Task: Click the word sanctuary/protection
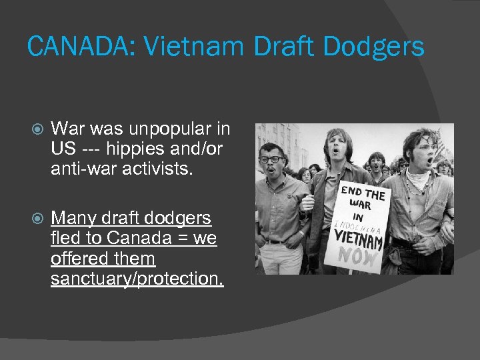137,279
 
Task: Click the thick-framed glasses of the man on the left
273,160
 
